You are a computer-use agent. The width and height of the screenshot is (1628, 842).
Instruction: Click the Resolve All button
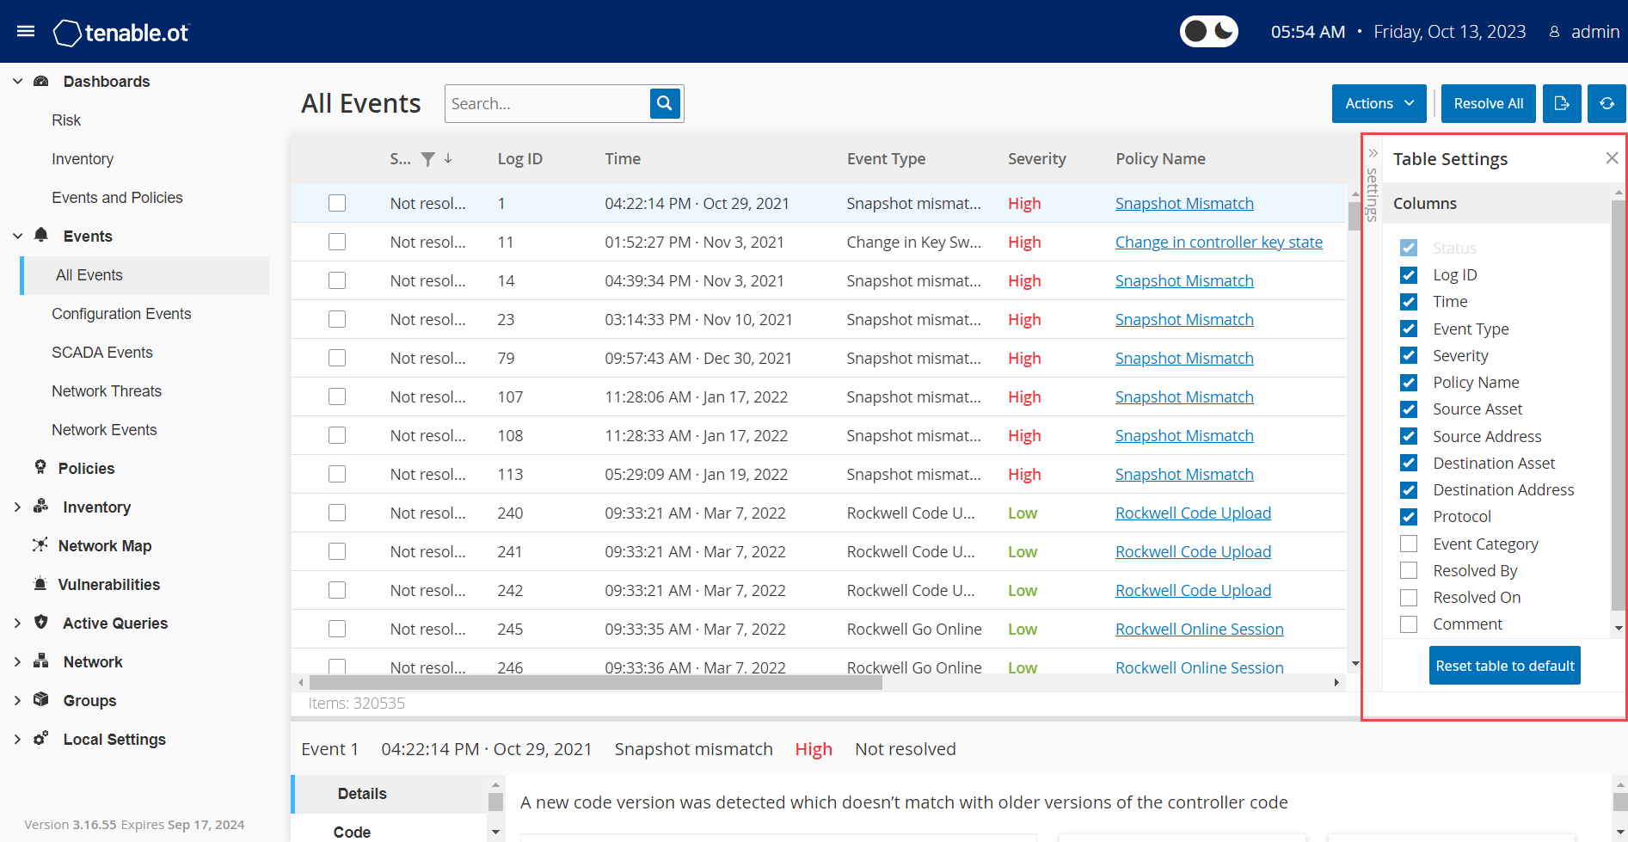(1488, 103)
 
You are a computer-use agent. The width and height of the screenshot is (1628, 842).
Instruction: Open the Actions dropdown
(1379, 103)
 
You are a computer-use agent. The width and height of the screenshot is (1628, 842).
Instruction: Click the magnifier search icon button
(665, 103)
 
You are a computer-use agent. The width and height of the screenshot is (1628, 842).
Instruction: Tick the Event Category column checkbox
(1409, 544)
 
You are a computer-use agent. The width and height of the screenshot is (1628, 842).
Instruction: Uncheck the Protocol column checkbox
(1409, 517)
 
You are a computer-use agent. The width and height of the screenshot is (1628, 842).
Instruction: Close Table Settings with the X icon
(1612, 158)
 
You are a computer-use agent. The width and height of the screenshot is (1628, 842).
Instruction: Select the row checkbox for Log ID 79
(337, 358)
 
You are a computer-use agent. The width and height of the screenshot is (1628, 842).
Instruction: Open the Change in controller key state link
(1219, 243)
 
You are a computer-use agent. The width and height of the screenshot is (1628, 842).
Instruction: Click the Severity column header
(1036, 159)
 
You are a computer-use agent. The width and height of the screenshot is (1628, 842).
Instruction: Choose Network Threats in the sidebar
(107, 391)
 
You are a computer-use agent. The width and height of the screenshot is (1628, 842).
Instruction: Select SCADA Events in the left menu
(102, 353)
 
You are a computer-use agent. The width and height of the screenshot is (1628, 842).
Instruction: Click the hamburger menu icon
(26, 32)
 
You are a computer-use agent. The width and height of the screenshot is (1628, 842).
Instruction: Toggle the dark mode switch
(1208, 32)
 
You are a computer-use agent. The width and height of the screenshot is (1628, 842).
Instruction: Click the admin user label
(1594, 32)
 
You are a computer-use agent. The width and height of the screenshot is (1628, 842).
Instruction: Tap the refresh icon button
(1606, 103)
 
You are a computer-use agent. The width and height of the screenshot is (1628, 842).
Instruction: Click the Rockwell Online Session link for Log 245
(1199, 630)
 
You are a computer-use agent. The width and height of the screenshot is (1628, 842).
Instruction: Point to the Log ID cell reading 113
(510, 475)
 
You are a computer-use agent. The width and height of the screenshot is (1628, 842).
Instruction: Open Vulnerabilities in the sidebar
(109, 585)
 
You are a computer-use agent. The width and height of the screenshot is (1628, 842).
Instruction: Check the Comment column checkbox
(1409, 624)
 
